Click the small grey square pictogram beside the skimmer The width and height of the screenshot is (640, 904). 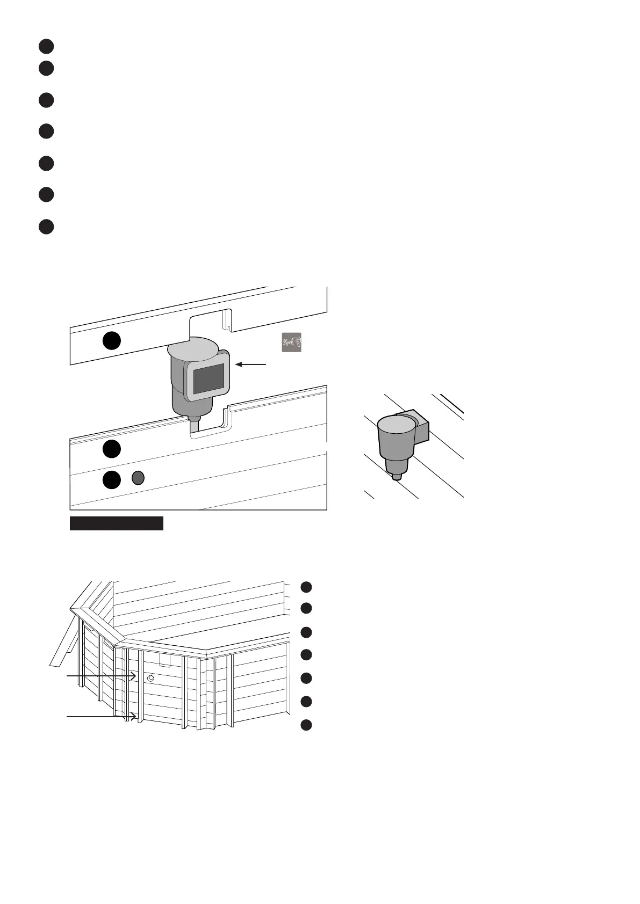(x=291, y=342)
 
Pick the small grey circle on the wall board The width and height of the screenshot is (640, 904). (x=138, y=477)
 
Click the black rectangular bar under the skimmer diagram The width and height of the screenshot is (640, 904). (x=116, y=523)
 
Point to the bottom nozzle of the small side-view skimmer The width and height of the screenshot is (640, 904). (x=396, y=475)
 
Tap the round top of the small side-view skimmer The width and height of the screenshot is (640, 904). (x=397, y=424)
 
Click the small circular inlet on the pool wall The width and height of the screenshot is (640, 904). (x=150, y=679)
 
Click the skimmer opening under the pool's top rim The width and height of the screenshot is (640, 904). (x=164, y=660)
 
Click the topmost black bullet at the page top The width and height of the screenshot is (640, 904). (x=46, y=46)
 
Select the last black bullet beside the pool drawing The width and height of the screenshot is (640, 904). (x=306, y=725)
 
